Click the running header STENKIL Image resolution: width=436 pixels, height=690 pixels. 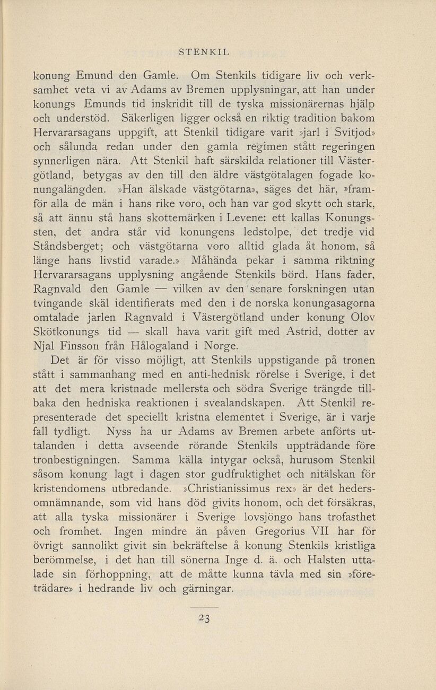[x=204, y=52]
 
